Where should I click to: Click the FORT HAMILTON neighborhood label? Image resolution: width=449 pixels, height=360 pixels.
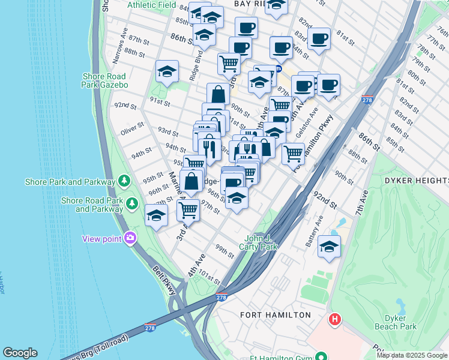276,315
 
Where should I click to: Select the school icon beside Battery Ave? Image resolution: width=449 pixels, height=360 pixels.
329,247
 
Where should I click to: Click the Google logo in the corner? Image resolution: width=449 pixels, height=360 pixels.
20,353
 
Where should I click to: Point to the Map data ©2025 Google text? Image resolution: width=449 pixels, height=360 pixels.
412,355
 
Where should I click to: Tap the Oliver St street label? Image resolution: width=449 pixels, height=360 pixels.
132,128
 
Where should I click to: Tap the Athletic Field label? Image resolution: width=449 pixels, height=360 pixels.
152,5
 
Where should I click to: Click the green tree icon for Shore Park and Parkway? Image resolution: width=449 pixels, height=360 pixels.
124,180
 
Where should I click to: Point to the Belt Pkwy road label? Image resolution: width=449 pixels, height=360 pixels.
164,280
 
